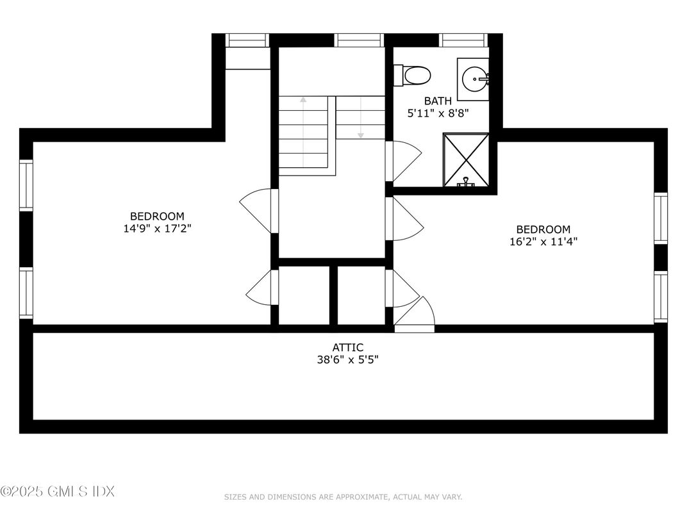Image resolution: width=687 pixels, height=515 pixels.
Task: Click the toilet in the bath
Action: (413, 75)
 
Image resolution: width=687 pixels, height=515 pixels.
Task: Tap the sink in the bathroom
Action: (474, 79)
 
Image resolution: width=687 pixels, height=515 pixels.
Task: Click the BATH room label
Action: (438, 101)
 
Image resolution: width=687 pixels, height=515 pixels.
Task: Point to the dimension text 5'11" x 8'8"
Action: (438, 113)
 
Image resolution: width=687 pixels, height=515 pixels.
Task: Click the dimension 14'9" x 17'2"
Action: (157, 228)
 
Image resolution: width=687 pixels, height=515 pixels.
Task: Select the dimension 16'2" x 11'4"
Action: (543, 241)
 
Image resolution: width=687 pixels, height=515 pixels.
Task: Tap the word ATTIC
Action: (347, 347)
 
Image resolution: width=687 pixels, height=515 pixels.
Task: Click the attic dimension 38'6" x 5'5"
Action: (347, 359)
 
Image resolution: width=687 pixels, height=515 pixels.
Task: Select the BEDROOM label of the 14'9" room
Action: (157, 216)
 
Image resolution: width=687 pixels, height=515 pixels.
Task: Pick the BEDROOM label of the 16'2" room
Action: (543, 229)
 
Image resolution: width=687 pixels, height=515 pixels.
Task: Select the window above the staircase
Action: (360, 40)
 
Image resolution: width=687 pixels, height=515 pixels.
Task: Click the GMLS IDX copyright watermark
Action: (58, 492)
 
